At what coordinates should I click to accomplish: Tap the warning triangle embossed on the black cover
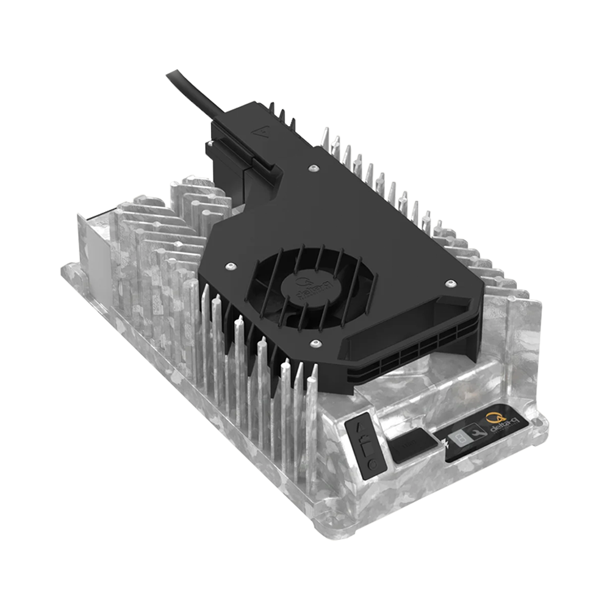(264, 130)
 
